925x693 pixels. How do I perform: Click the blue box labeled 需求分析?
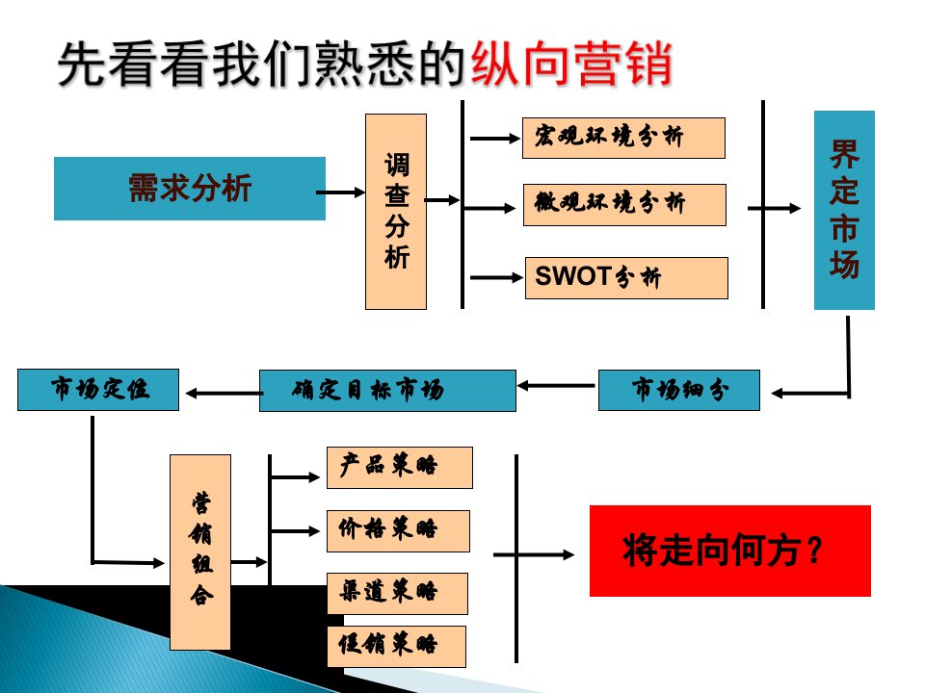(x=189, y=188)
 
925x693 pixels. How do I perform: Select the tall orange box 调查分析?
(x=395, y=212)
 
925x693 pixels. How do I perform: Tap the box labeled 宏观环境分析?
(x=623, y=138)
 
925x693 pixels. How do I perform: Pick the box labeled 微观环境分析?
(x=623, y=204)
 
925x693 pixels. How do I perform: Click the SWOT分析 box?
(x=625, y=277)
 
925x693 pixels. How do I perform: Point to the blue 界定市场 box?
(x=844, y=210)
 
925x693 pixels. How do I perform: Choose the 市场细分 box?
(x=678, y=390)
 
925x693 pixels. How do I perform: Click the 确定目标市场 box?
(x=387, y=390)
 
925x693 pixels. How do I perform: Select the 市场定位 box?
(x=98, y=389)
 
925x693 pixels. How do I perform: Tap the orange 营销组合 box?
(x=200, y=552)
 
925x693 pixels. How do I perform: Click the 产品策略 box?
(x=399, y=467)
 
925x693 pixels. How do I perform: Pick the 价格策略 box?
(x=398, y=530)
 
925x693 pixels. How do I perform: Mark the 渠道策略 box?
(x=397, y=593)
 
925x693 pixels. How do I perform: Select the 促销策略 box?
(x=396, y=646)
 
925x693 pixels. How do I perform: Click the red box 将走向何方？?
(x=729, y=551)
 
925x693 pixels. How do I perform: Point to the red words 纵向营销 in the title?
(x=569, y=65)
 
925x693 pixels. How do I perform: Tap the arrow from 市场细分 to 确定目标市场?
(x=557, y=386)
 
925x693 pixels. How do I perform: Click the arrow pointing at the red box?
(x=536, y=554)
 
